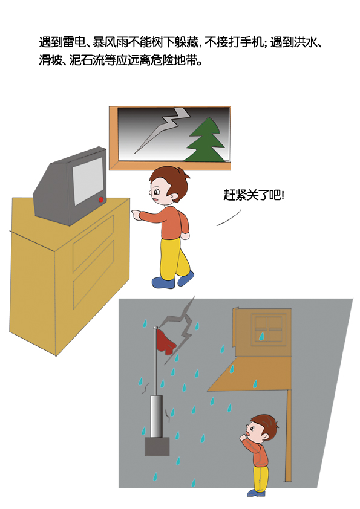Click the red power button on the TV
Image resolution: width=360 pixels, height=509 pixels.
point(101,199)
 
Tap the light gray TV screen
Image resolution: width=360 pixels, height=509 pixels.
point(88,181)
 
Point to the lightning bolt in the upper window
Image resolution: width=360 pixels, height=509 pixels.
point(163,129)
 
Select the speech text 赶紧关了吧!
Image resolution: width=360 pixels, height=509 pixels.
point(254,195)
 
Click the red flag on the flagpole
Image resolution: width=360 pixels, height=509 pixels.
point(166,342)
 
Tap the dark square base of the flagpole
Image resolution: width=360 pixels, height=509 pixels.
point(157,446)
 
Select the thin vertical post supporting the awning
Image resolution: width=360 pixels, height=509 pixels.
point(288,435)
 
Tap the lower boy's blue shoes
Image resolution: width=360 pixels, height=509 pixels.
point(257,493)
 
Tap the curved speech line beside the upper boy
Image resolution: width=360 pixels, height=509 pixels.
point(229,218)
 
